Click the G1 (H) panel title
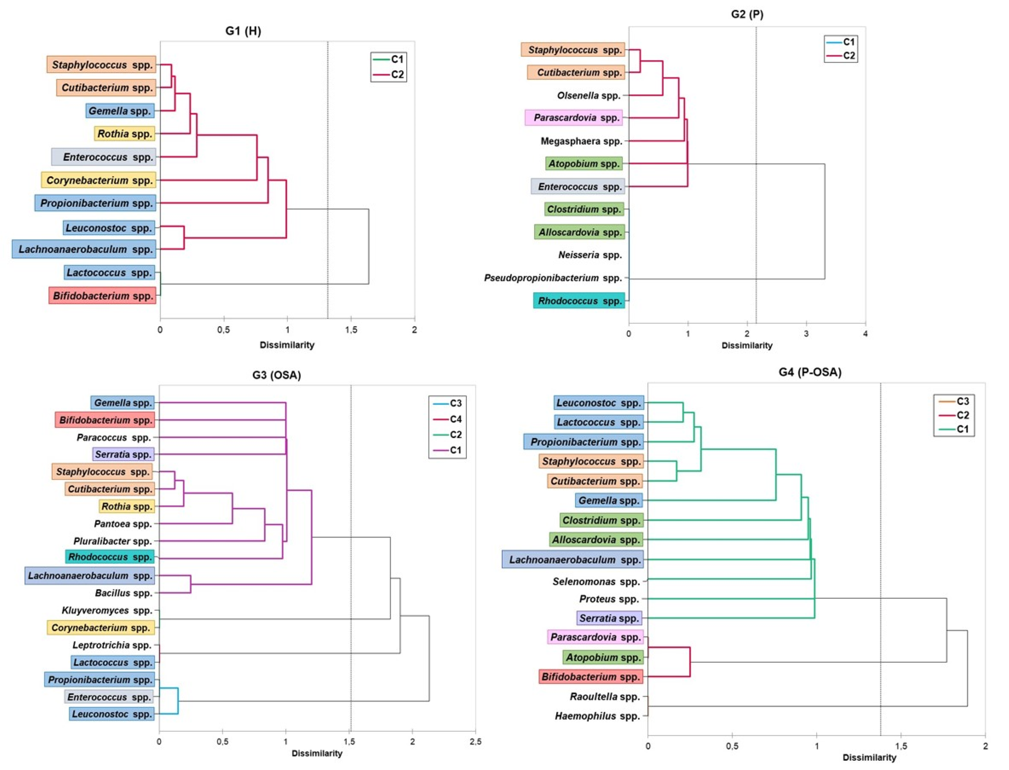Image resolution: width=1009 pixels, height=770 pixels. click(243, 31)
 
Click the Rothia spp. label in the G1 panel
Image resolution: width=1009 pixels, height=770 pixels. click(125, 134)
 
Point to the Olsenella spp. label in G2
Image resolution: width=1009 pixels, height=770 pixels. click(589, 95)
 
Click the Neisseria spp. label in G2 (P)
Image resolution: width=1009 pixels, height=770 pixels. click(590, 255)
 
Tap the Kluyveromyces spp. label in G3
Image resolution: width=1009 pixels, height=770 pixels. click(107, 610)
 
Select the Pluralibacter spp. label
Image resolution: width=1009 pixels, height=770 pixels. click(112, 541)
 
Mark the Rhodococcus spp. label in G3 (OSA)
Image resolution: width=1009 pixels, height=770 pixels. click(110, 557)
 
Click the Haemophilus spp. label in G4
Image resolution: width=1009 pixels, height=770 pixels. click(597, 716)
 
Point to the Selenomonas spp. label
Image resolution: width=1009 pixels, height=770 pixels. click(596, 582)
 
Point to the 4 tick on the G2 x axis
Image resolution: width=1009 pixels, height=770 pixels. click(865, 334)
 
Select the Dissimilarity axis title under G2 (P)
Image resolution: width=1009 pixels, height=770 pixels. click(747, 346)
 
